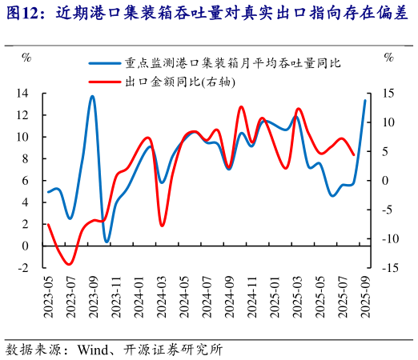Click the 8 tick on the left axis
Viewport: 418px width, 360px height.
click(x=25, y=159)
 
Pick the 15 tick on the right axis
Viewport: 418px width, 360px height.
click(x=388, y=94)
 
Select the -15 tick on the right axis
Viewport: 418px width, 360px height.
click(x=388, y=268)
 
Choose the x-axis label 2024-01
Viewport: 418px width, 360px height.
click(x=139, y=294)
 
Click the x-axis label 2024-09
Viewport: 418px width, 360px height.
click(x=229, y=294)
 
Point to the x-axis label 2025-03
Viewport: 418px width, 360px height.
click(x=297, y=294)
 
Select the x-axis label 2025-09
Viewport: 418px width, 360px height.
click(x=365, y=294)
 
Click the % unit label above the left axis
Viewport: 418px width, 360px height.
click(x=26, y=57)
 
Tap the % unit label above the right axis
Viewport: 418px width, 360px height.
click(x=388, y=57)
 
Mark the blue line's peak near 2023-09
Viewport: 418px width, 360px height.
click(x=92, y=97)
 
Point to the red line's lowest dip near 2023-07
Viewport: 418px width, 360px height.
click(x=70, y=263)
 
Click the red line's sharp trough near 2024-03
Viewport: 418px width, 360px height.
click(x=161, y=226)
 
